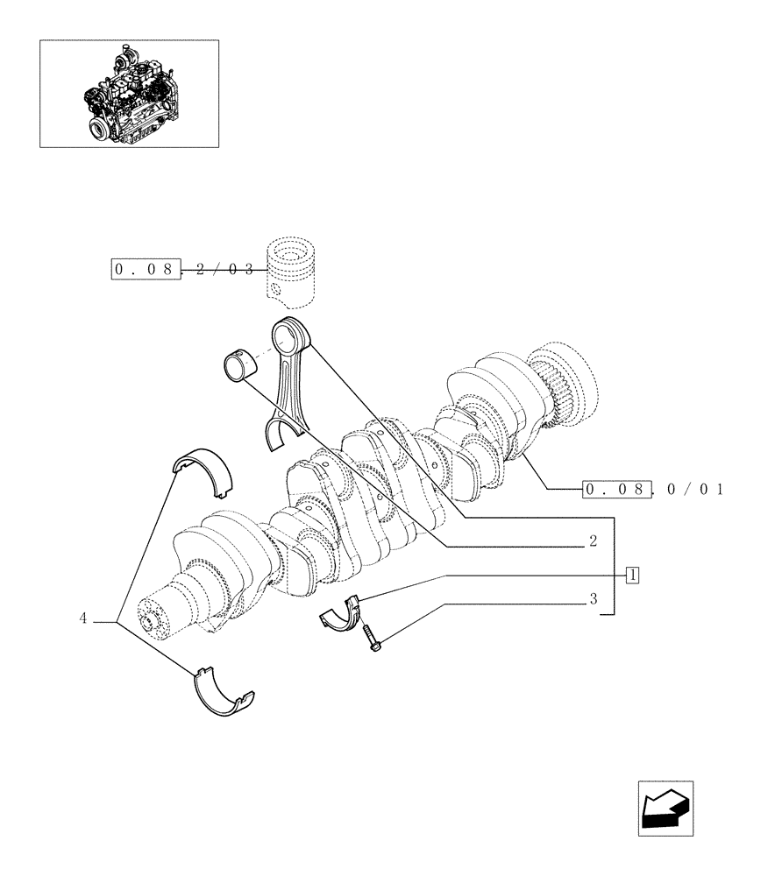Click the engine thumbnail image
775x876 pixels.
(x=129, y=93)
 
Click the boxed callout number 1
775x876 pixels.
(x=632, y=576)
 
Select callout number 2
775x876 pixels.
(x=594, y=542)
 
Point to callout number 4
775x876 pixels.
(x=84, y=618)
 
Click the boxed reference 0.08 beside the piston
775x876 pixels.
(x=146, y=270)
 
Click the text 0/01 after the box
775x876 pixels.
(x=695, y=489)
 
